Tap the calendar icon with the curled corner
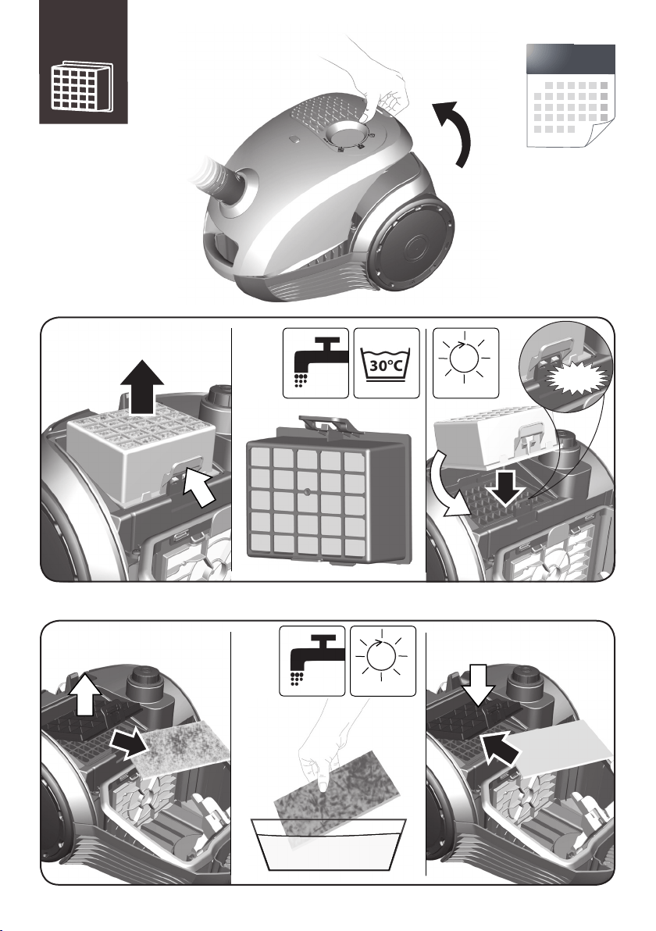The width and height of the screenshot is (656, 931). (571, 95)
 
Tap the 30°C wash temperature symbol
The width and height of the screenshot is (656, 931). (387, 363)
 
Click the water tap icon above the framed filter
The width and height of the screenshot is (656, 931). (316, 363)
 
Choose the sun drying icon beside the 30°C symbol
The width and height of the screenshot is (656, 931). (465, 363)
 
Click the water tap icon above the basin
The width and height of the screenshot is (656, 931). (312, 661)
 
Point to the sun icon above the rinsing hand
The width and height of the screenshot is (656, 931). (383, 661)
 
